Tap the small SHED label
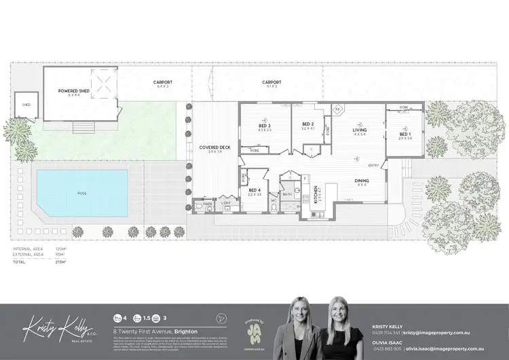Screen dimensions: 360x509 [26, 105]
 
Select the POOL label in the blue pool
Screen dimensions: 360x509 [82, 193]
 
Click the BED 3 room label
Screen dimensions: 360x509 [265, 126]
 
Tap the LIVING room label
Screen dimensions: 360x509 [360, 130]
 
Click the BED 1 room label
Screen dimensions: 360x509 [404, 134]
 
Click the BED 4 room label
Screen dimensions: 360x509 [254, 191]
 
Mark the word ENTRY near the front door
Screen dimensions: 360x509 [373, 166]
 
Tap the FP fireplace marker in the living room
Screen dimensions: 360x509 [339, 109]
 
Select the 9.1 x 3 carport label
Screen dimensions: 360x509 [271, 84]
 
